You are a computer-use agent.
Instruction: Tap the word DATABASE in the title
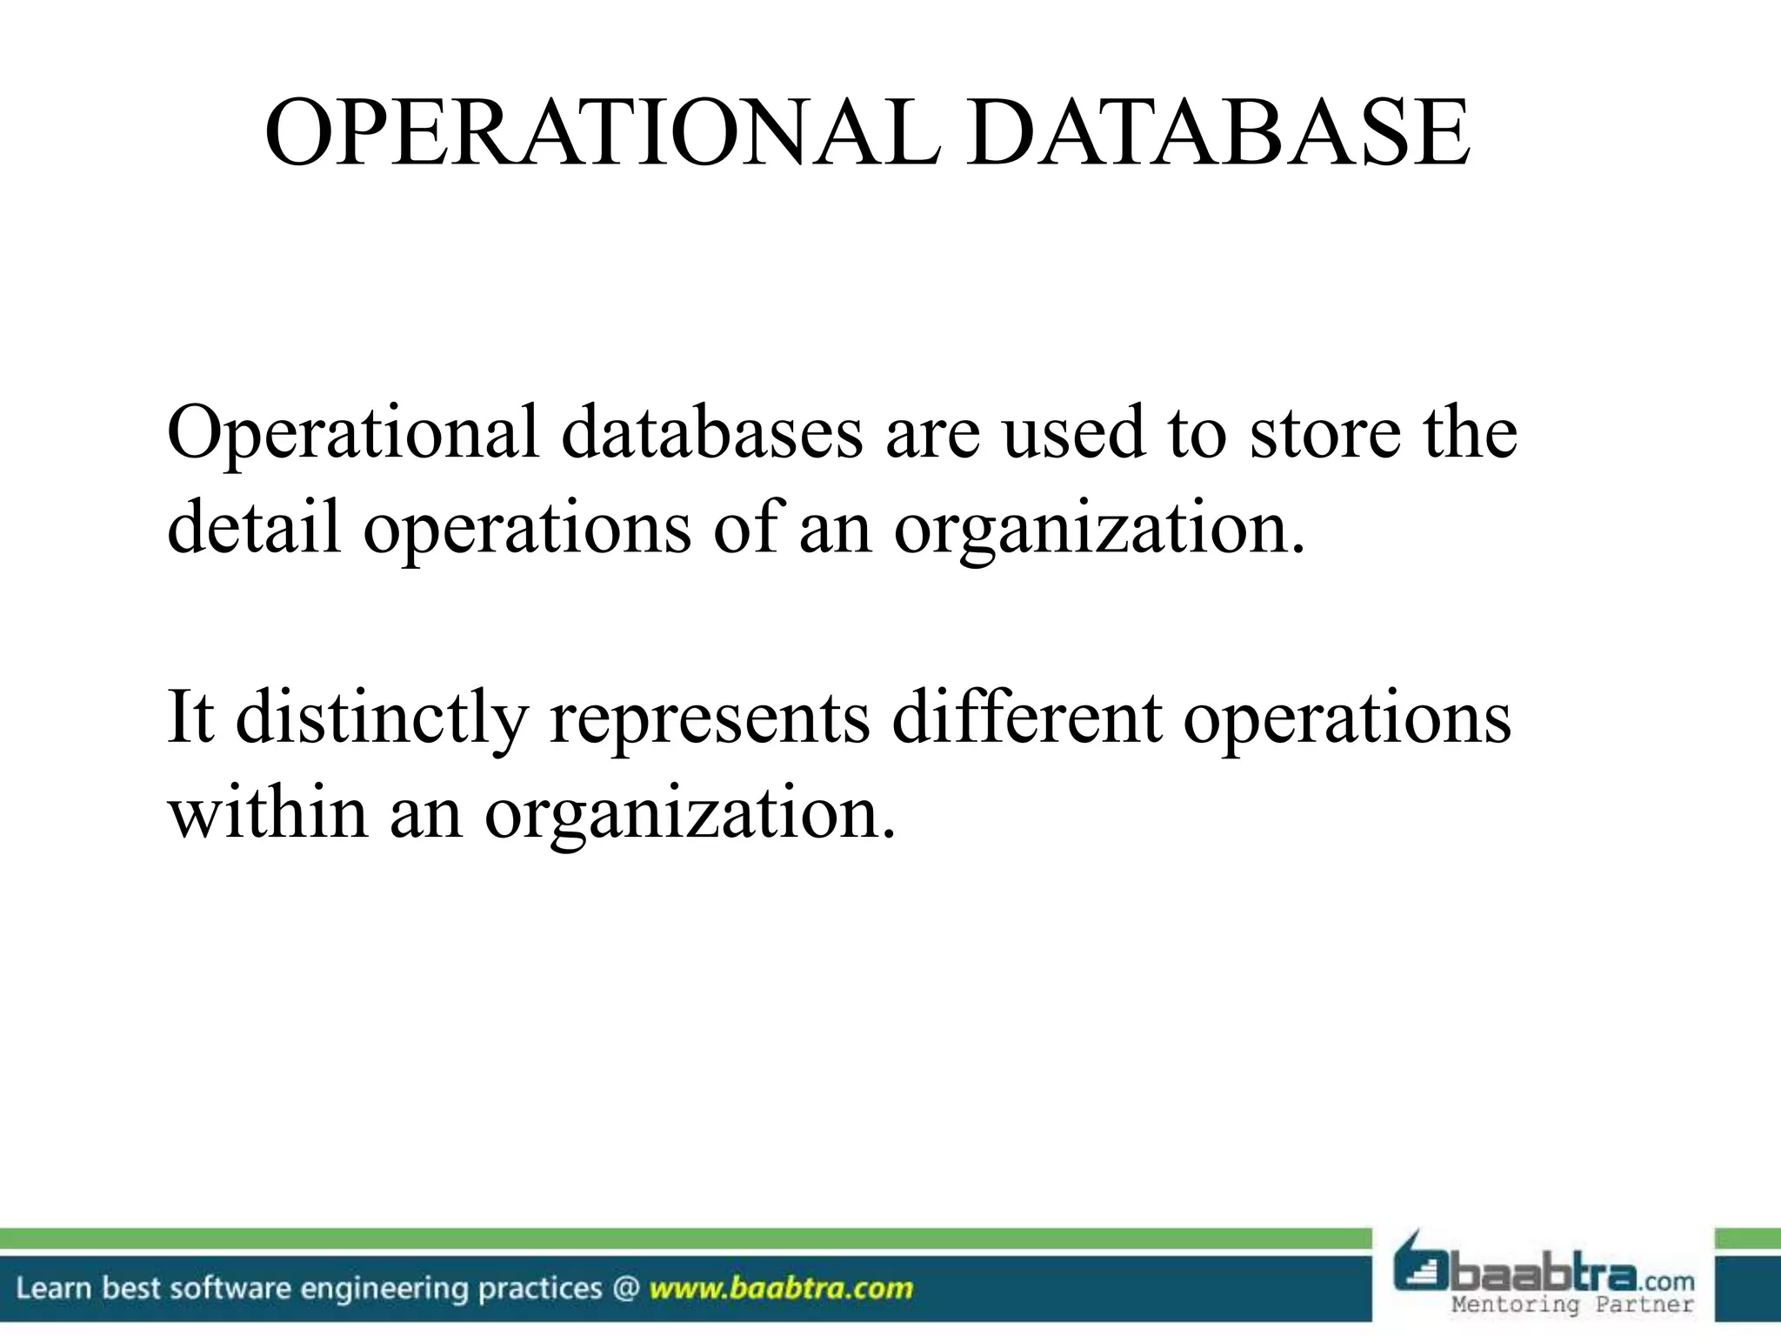click(1218, 134)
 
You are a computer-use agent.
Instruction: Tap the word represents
click(710, 718)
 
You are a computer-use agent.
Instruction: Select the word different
click(1027, 718)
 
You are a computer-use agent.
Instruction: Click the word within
click(268, 812)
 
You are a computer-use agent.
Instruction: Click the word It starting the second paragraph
click(190, 718)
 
